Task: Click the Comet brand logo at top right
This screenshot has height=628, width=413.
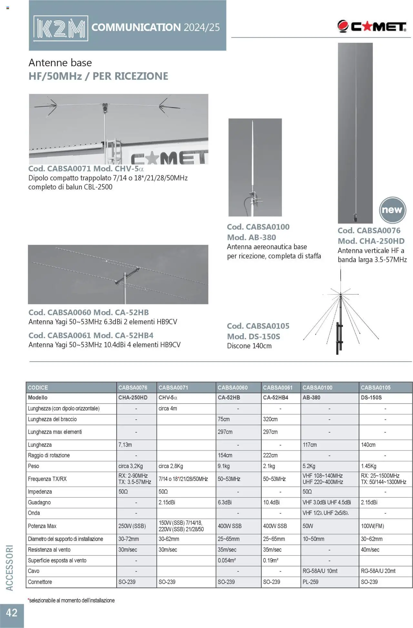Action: tap(372, 26)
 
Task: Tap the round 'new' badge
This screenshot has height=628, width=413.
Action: tap(392, 210)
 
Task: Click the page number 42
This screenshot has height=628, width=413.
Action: tap(12, 612)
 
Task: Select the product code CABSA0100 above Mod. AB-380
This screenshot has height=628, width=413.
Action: tap(258, 227)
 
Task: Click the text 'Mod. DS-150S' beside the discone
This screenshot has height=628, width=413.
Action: tap(253, 336)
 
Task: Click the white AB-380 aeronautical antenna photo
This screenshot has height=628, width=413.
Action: tap(255, 167)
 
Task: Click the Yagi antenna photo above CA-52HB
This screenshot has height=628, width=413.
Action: tap(118, 274)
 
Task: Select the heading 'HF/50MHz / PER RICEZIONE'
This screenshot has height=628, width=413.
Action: tap(98, 76)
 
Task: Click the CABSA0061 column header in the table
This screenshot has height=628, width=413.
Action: tap(277, 387)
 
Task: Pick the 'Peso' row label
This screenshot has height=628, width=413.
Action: tap(34, 466)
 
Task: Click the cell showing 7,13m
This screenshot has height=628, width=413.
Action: tap(125, 445)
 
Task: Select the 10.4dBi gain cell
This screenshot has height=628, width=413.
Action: tap(271, 502)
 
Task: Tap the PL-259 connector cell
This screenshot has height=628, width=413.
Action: tap(310, 582)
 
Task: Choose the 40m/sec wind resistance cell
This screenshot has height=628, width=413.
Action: tap(370, 549)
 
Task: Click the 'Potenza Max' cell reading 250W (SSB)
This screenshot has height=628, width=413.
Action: tap(132, 526)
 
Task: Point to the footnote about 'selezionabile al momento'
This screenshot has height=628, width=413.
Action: tap(71, 600)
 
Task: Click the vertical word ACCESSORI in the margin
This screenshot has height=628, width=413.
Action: tap(10, 568)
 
